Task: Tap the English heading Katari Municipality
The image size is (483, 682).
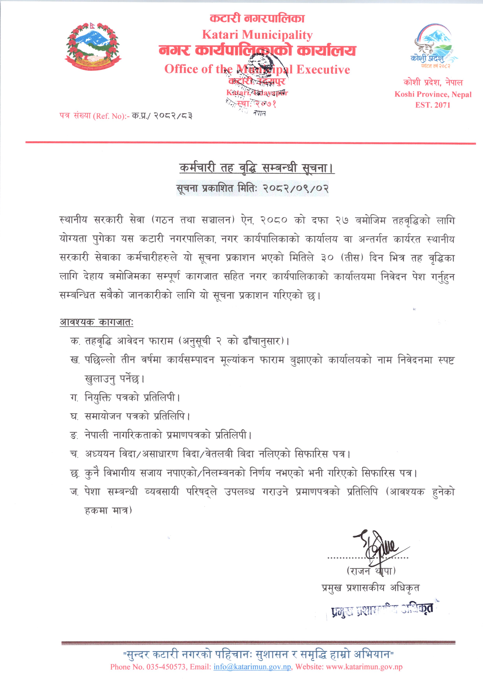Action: [257, 35]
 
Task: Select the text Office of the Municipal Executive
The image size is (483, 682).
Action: [257, 69]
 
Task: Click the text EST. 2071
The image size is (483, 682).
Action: [433, 105]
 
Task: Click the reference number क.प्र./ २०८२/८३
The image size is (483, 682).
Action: [162, 116]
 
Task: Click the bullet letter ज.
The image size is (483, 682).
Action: [74, 492]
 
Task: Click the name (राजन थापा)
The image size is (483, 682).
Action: [371, 571]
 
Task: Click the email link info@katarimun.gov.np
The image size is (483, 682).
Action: [252, 667]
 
